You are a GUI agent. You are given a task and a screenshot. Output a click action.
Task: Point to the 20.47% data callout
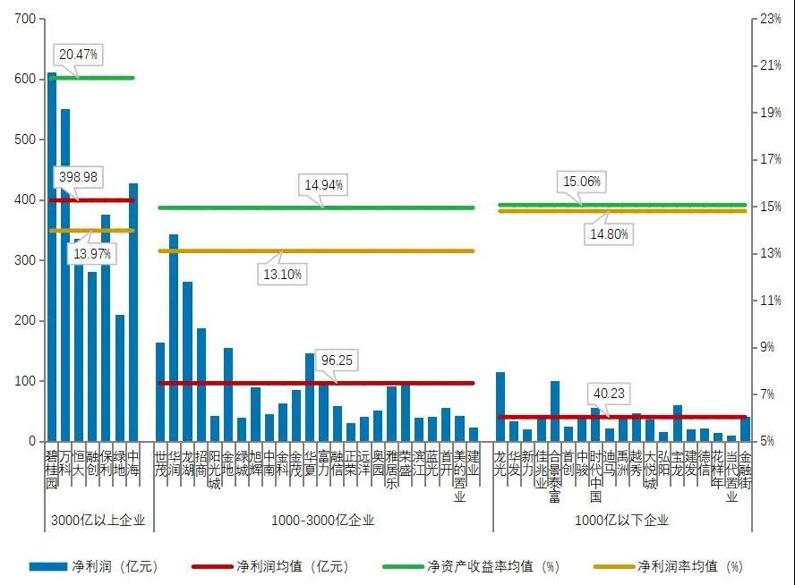79,55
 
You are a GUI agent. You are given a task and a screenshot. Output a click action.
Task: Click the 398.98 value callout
78,178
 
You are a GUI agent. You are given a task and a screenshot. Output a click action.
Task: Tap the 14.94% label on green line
324,186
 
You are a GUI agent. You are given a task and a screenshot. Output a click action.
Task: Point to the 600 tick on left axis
25,79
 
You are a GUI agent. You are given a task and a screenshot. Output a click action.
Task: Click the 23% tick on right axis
771,19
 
